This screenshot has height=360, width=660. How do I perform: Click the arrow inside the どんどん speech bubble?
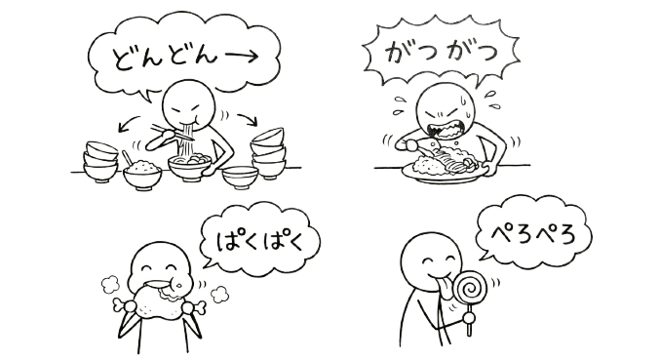(238, 57)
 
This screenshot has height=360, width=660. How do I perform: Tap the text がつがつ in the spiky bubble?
(442, 53)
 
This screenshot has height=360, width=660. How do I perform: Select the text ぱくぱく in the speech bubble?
(259, 241)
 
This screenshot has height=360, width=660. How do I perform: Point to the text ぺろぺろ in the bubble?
(533, 233)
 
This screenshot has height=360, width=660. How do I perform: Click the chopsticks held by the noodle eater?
(173, 132)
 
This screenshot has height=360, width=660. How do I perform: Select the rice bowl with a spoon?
(142, 172)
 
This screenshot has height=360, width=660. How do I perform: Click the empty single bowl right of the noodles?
(240, 177)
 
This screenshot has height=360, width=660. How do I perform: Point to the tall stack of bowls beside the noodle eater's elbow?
(268, 154)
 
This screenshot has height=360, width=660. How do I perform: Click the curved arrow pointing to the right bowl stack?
(248, 119)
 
